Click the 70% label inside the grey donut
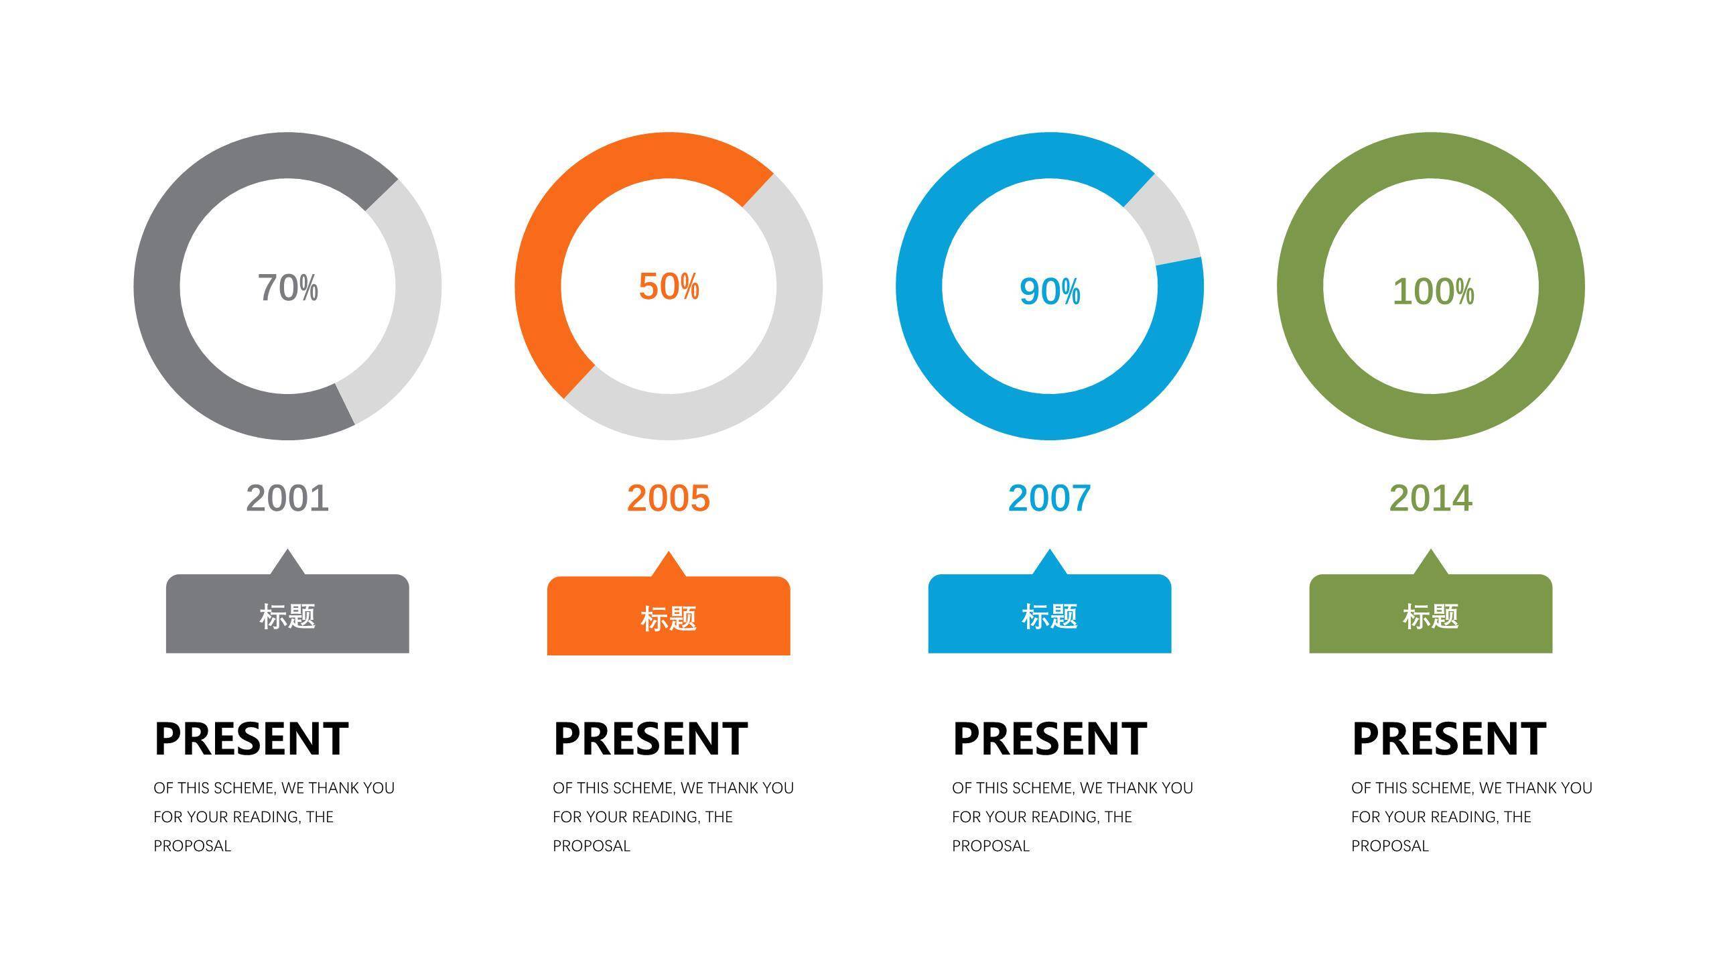click(x=288, y=287)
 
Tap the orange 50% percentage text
click(x=669, y=286)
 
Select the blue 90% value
click(x=1050, y=292)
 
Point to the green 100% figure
click(x=1433, y=292)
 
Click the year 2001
click(x=287, y=498)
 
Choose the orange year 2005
click(x=669, y=498)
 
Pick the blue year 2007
click(x=1050, y=498)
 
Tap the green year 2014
click(x=1431, y=498)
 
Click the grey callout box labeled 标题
click(x=287, y=613)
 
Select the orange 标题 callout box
click(x=669, y=615)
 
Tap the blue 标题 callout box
click(x=1050, y=613)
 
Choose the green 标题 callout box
click(x=1431, y=613)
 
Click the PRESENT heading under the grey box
click(x=251, y=738)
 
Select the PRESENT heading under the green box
click(x=1449, y=738)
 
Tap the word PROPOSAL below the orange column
click(x=592, y=846)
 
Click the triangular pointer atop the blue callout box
click(x=1050, y=562)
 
